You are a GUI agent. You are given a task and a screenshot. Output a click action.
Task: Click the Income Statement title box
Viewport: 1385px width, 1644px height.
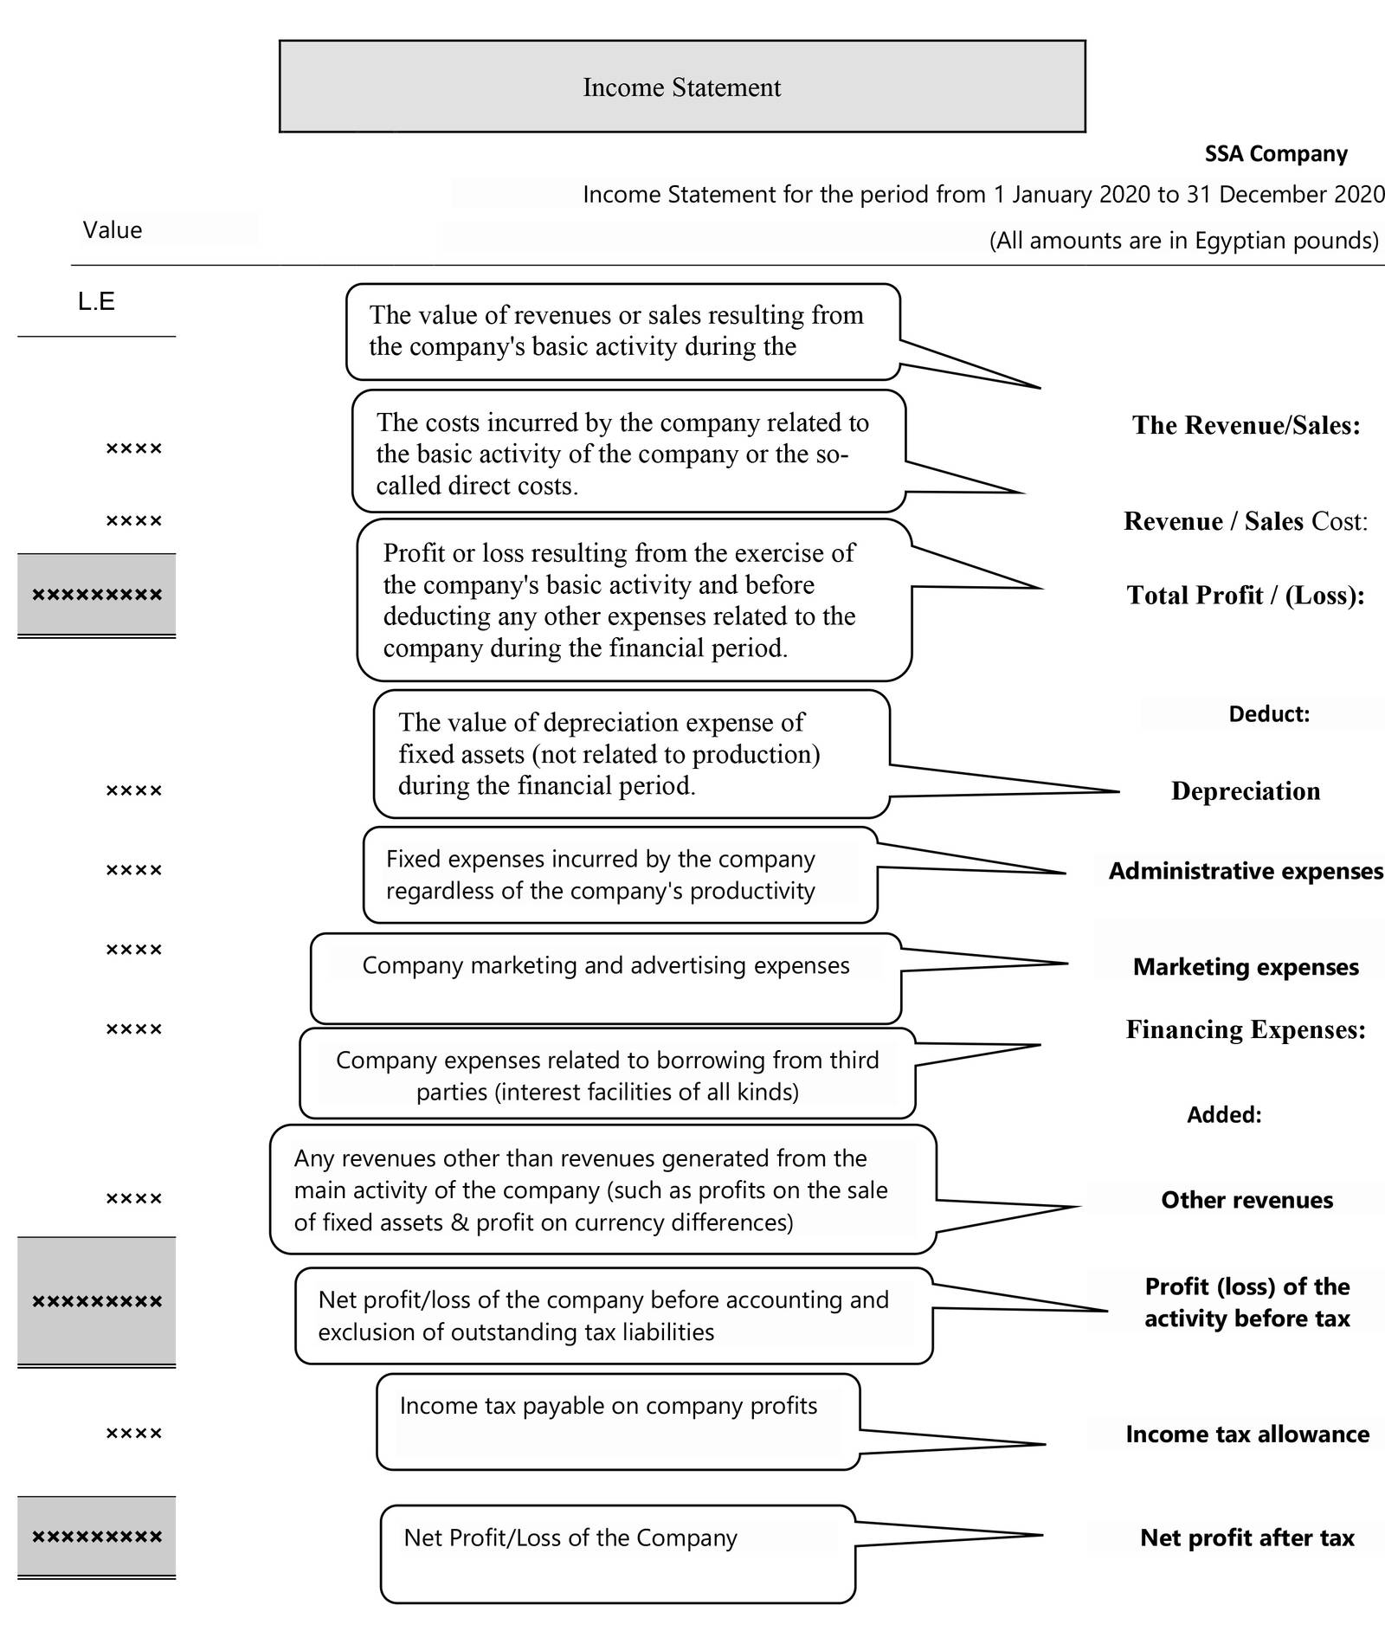pyautogui.click(x=682, y=87)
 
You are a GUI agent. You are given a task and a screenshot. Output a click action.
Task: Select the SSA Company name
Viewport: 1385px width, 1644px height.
pyautogui.click(x=1276, y=154)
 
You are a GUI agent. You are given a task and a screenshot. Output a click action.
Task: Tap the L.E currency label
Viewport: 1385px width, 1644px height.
pyautogui.click(x=96, y=301)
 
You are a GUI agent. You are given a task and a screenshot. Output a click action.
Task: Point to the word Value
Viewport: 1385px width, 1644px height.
pyautogui.click(x=113, y=230)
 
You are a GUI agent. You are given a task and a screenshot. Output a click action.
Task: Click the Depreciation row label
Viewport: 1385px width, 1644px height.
pyautogui.click(x=1246, y=791)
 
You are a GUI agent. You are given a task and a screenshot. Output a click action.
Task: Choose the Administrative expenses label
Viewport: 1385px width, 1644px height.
pyautogui.click(x=1246, y=871)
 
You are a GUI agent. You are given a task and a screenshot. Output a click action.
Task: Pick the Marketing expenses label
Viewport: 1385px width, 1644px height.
pyautogui.click(x=1246, y=967)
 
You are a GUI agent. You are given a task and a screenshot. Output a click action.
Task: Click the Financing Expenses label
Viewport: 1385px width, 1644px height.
pyautogui.click(x=1246, y=1029)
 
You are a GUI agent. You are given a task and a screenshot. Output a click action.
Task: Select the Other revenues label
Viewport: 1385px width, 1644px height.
pyautogui.click(x=1246, y=1200)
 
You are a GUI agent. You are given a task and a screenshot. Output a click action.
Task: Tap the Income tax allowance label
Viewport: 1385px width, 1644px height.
pyautogui.click(x=1247, y=1434)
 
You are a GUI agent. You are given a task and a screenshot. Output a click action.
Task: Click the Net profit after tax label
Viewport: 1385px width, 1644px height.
pyautogui.click(x=1246, y=1538)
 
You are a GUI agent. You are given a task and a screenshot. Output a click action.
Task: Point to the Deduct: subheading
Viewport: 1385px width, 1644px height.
pyautogui.click(x=1269, y=714)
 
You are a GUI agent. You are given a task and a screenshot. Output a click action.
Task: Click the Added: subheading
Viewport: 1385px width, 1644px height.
pyautogui.click(x=1224, y=1115)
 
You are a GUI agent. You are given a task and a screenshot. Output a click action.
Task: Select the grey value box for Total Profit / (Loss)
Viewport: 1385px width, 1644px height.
pyautogui.click(x=97, y=595)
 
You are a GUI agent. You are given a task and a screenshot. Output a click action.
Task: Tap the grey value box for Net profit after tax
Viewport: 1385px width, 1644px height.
pyautogui.click(x=97, y=1537)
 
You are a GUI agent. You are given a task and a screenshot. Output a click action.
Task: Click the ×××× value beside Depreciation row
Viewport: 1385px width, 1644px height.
pyautogui.click(x=134, y=790)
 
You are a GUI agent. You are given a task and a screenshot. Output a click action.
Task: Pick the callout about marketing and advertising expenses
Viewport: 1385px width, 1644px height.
pyautogui.click(x=606, y=977)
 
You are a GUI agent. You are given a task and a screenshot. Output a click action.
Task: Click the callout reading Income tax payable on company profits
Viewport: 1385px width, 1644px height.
pyautogui.click(x=618, y=1421)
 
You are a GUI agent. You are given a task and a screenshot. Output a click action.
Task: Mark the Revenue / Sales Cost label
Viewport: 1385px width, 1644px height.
pyautogui.click(x=1246, y=521)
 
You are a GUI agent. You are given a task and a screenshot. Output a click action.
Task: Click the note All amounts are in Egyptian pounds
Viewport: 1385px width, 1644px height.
pyautogui.click(x=1183, y=240)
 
